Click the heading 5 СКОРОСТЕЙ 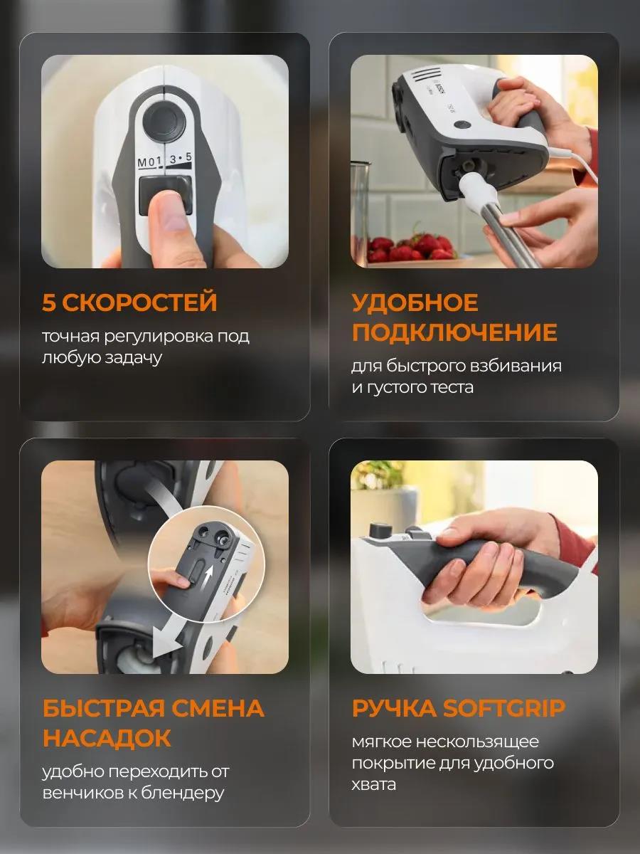pyautogui.click(x=129, y=302)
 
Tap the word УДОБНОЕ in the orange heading pyautogui.click(x=415, y=302)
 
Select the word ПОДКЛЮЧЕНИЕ pyautogui.click(x=454, y=332)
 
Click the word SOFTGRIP pyautogui.click(x=504, y=709)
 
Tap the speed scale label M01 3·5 pyautogui.click(x=164, y=160)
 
